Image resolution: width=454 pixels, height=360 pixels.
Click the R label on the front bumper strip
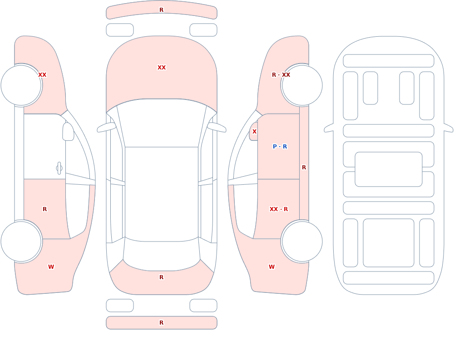[x=162, y=10]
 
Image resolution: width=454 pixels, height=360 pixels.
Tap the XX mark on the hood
[x=162, y=68]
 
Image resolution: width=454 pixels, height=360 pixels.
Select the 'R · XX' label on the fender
[x=281, y=75]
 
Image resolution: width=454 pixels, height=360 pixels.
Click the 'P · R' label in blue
[x=280, y=147]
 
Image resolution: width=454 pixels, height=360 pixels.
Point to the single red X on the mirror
[x=255, y=132]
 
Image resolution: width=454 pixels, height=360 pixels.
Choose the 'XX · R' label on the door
[x=279, y=209]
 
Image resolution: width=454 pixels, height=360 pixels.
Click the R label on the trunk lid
[x=162, y=277]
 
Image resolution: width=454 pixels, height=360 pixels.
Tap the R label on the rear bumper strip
[x=162, y=323]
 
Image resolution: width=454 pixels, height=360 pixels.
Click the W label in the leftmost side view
[x=51, y=267]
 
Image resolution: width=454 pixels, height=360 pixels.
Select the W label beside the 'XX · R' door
[x=271, y=267]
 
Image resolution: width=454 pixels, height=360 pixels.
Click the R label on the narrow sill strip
[x=304, y=168]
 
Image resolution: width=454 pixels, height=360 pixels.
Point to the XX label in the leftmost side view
[x=42, y=75]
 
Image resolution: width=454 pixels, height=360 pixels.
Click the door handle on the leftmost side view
[x=59, y=168]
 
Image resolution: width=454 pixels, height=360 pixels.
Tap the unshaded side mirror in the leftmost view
[x=69, y=132]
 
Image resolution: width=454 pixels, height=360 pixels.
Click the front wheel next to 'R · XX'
[x=302, y=85]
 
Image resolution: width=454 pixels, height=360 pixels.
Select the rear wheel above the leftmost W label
[x=21, y=242]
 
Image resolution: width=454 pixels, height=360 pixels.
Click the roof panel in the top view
[x=162, y=194]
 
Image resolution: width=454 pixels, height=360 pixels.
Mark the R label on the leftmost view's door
[x=44, y=209]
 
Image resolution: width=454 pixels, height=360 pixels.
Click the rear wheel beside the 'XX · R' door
[x=302, y=242]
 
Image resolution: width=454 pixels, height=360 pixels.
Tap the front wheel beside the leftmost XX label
[x=21, y=85]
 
